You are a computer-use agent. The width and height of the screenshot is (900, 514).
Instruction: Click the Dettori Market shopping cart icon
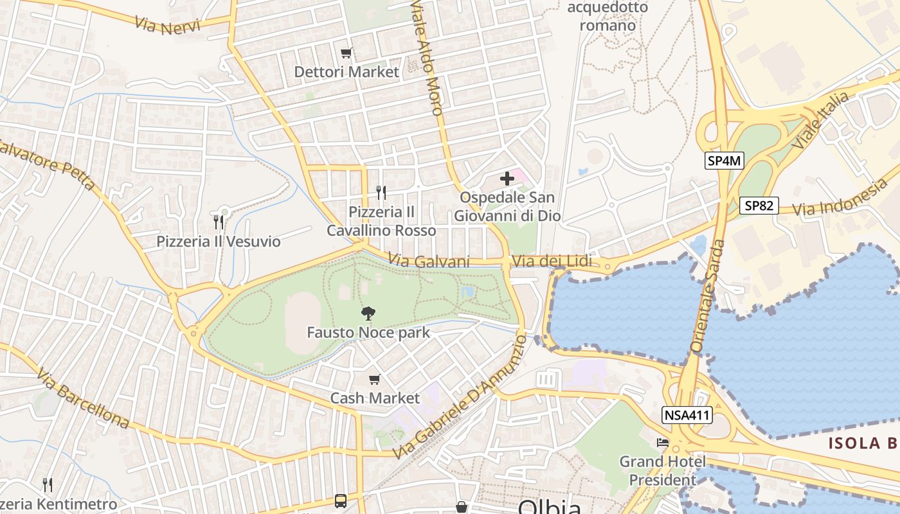click(x=346, y=53)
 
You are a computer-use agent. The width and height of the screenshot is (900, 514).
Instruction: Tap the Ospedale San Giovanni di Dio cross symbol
click(x=507, y=179)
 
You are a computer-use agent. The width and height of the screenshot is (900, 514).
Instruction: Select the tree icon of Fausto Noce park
click(x=368, y=314)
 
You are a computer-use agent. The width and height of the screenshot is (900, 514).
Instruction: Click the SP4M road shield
click(x=724, y=161)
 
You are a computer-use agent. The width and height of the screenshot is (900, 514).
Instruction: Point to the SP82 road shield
click(x=759, y=206)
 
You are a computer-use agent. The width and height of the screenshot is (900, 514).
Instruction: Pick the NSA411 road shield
click(x=687, y=416)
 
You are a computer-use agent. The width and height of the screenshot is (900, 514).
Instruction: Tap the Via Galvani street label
click(x=429, y=260)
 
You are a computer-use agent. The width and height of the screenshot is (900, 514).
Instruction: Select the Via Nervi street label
click(x=168, y=26)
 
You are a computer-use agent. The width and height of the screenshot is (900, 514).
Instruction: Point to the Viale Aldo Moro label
click(x=427, y=58)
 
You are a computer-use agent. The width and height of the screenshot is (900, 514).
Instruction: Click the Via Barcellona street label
click(x=82, y=398)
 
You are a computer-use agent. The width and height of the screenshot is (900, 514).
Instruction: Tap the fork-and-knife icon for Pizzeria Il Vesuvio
click(x=219, y=222)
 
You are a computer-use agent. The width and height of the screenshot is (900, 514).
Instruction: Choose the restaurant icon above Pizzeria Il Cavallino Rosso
click(x=381, y=192)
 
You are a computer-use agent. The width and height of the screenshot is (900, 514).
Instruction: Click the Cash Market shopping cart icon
click(x=375, y=380)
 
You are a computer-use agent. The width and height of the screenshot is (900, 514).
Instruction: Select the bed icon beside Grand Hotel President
click(x=662, y=443)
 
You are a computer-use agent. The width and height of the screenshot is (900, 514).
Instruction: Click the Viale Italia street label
click(x=820, y=121)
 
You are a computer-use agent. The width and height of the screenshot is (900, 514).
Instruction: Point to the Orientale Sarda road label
click(x=707, y=296)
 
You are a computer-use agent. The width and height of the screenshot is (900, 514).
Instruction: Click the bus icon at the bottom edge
click(x=341, y=501)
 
